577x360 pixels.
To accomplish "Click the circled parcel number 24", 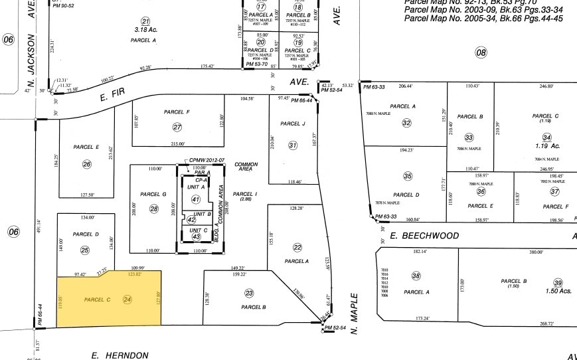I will (127, 300).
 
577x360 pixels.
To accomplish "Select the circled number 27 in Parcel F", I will (177, 127).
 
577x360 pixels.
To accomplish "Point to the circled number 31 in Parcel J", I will (293, 145).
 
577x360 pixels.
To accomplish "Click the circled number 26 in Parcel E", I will (86, 164).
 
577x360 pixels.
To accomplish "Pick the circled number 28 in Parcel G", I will (154, 209).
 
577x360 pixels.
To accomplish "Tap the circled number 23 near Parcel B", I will (249, 293).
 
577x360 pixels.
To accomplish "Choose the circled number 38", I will (416, 276).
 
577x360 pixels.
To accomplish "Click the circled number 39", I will (558, 282).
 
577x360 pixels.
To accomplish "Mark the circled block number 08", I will (481, 52).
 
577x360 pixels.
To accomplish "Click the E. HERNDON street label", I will (120, 355).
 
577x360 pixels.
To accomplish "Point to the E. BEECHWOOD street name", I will (424, 236).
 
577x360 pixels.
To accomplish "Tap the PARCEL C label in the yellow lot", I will (97, 300).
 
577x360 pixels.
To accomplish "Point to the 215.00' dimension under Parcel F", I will (177, 144).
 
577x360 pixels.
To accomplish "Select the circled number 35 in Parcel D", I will (408, 176).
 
